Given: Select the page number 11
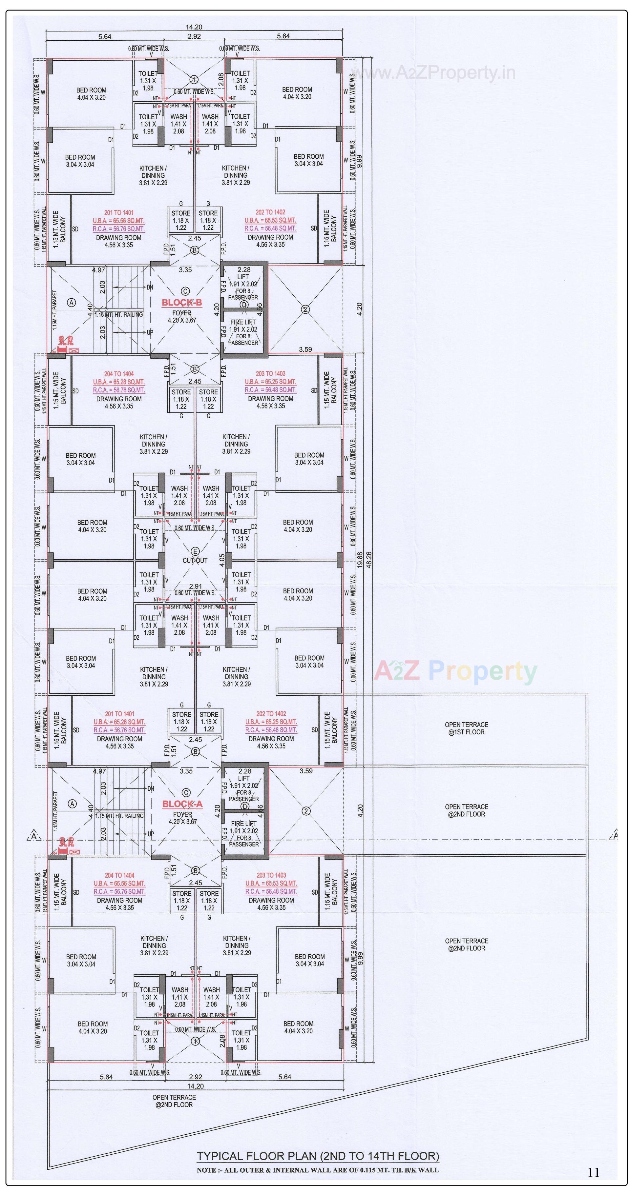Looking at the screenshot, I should tap(593, 1173).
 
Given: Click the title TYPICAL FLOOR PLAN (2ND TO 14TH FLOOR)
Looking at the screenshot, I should tap(318, 1156).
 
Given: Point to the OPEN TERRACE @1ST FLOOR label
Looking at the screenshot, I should tap(466, 728).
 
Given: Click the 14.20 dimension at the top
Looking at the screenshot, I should tap(194, 27).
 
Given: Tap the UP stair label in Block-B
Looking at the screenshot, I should tap(150, 333).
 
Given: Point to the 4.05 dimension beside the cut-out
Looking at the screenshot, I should tap(222, 560).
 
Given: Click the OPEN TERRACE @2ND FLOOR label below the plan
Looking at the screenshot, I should tap(174, 1101).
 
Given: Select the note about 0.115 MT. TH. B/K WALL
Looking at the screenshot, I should tap(317, 1170).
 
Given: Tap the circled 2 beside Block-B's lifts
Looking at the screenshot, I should tap(305, 309).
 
